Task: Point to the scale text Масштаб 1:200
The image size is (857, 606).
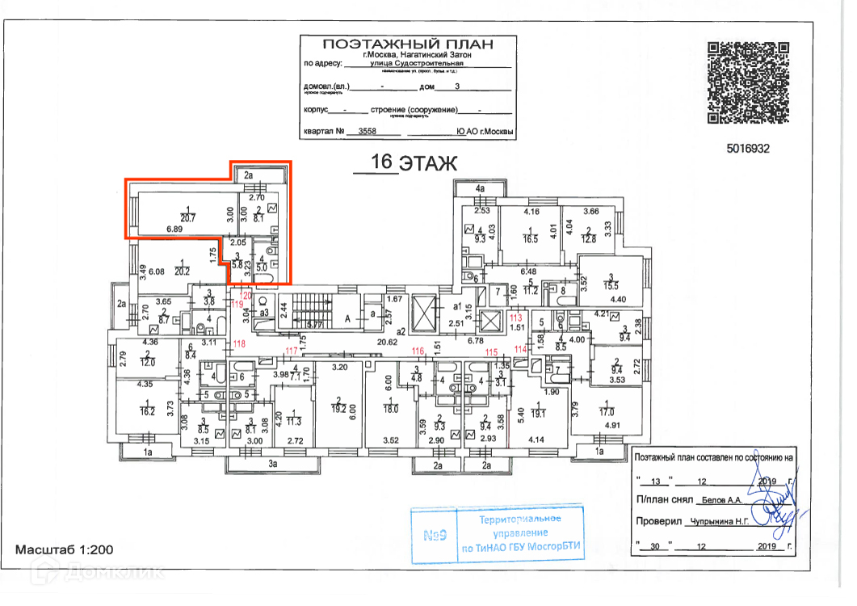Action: pyautogui.click(x=65, y=549)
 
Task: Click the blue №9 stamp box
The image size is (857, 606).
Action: pyautogui.click(x=434, y=534)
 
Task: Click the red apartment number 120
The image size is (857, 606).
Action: pyautogui.click(x=248, y=297)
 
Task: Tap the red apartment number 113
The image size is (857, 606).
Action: pyautogui.click(x=515, y=318)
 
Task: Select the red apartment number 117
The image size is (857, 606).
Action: pyautogui.click(x=292, y=350)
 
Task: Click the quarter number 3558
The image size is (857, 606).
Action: pyautogui.click(x=368, y=131)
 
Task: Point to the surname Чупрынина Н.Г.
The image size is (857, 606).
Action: pyautogui.click(x=717, y=522)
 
